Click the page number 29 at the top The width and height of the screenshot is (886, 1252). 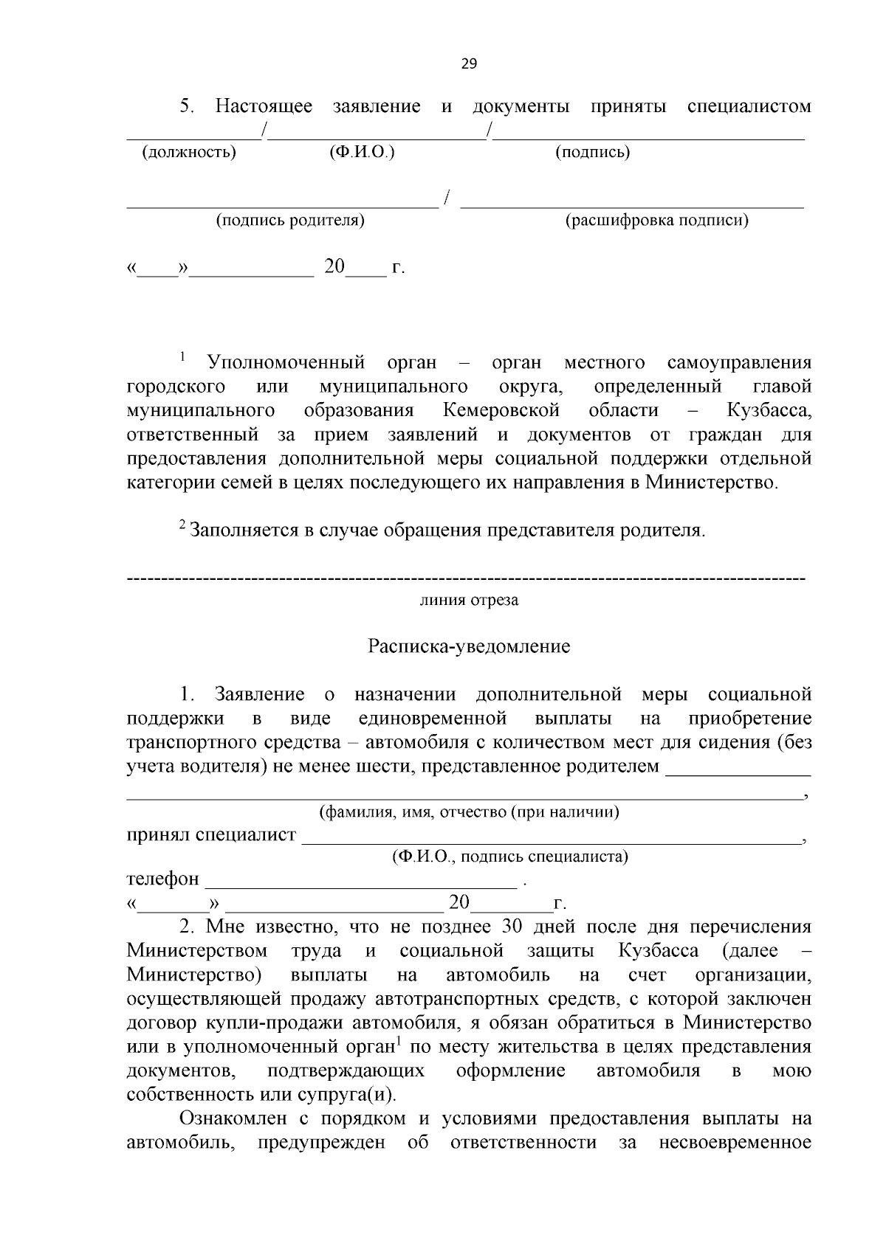point(469,63)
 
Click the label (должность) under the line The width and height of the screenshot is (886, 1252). point(189,153)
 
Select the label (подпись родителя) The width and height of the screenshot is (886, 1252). point(290,221)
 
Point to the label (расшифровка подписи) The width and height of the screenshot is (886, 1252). point(656,221)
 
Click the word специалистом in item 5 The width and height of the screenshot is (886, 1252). point(749,106)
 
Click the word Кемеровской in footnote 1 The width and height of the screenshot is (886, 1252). point(501,410)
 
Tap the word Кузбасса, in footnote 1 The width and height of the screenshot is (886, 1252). point(769,410)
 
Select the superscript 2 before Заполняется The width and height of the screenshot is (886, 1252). point(182,525)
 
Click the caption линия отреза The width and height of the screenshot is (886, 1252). point(469,601)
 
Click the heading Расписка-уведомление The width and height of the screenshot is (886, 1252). point(469,647)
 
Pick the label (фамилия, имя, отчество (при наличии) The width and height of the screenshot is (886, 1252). point(469,813)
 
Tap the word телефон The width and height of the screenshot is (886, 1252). point(163,879)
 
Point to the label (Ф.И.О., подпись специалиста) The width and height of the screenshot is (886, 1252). point(510,857)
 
